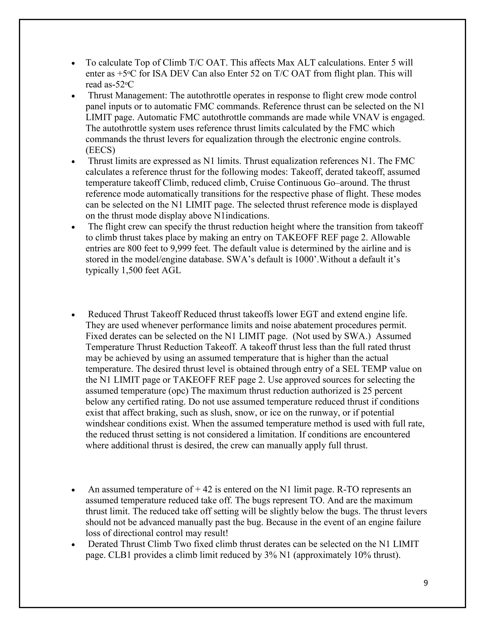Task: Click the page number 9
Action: tap(426, 583)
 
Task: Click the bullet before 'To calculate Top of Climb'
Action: tap(74, 63)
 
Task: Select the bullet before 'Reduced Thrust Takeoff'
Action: tap(74, 315)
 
